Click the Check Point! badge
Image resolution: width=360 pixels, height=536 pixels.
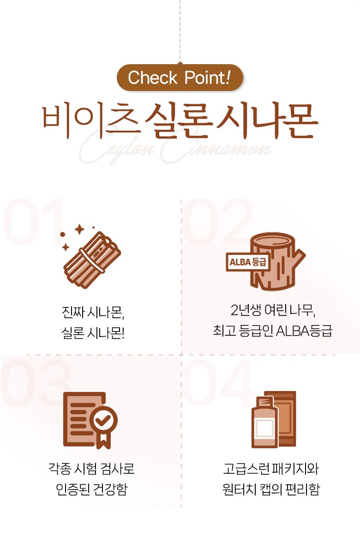[x=180, y=78]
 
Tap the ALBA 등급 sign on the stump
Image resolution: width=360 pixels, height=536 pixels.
[x=247, y=262]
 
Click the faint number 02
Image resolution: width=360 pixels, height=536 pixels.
[x=217, y=222]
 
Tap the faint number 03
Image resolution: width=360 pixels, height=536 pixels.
[x=36, y=382]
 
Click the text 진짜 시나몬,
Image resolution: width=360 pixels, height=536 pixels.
[x=93, y=312]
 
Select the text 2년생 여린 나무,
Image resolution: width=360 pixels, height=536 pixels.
[x=273, y=310]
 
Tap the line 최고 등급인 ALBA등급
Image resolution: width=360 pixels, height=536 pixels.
[x=272, y=331]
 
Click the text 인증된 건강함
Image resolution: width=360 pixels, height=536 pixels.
[x=92, y=489]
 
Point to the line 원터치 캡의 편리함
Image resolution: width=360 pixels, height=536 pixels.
[x=271, y=489]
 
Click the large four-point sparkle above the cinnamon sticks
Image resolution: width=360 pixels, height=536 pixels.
[x=79, y=229]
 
